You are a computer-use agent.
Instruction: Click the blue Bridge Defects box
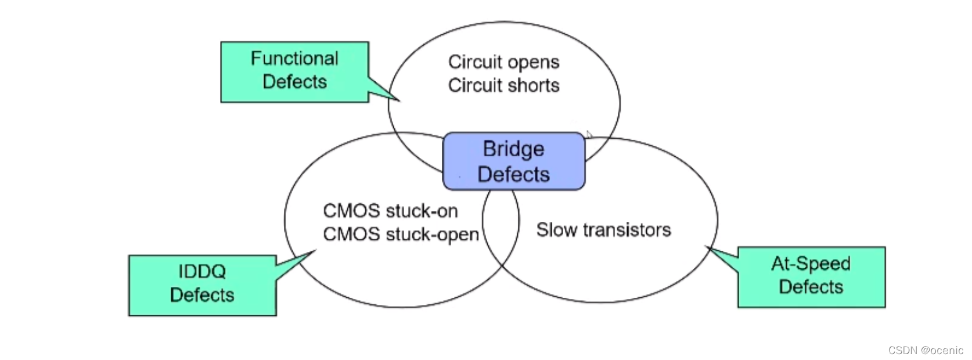coord(514,161)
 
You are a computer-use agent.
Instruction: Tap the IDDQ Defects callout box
coord(202,285)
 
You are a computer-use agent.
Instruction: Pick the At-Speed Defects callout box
coord(811,276)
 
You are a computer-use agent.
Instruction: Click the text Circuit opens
coord(503,62)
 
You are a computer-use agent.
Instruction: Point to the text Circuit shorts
coord(503,85)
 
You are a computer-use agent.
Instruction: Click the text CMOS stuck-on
coord(390,211)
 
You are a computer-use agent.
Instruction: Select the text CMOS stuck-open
coord(401,234)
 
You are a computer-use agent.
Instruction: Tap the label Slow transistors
coord(603,230)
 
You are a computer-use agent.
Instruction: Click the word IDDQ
coord(202,271)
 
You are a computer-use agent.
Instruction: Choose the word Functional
coord(294,59)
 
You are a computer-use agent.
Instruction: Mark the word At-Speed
coord(811,264)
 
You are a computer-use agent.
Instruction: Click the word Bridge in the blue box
coord(514,149)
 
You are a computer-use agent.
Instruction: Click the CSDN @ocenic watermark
coord(926,350)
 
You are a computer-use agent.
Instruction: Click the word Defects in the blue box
coord(514,174)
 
